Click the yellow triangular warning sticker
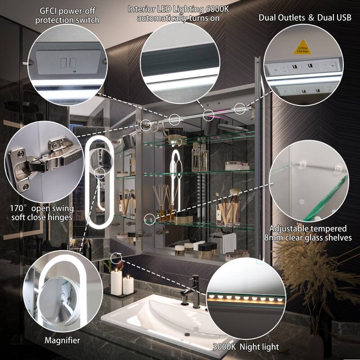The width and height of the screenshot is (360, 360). [302, 48]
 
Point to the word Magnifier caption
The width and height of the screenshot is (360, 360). [63, 340]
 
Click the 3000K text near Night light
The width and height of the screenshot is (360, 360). [224, 346]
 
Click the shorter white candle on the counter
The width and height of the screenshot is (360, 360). [128, 285]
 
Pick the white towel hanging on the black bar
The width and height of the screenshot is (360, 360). [229, 243]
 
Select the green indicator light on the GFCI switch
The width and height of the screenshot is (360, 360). [74, 71]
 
